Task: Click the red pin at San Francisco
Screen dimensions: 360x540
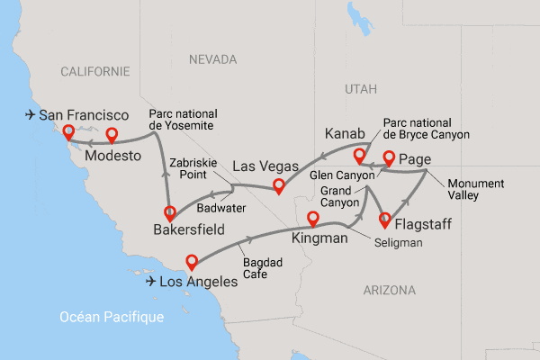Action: (x=67, y=134)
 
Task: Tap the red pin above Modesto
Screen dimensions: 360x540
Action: (x=112, y=135)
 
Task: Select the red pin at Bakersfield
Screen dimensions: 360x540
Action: (x=168, y=214)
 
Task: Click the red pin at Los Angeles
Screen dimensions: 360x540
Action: (x=191, y=262)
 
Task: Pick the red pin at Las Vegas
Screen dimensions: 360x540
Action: (x=279, y=186)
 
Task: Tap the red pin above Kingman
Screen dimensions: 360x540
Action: (x=313, y=218)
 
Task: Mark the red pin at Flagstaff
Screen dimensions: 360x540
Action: (x=387, y=218)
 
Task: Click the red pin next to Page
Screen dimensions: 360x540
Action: (x=389, y=158)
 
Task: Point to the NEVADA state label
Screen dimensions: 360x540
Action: (x=211, y=58)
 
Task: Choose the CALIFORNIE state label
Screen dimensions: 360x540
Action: (x=95, y=70)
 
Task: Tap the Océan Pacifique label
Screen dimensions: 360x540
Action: (x=112, y=317)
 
